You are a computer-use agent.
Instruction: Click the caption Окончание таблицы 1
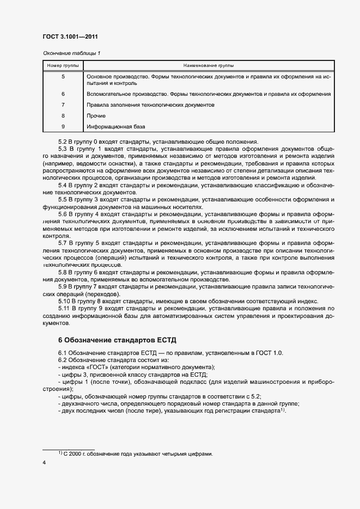[71, 53]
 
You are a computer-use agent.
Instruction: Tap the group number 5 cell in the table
[63, 77]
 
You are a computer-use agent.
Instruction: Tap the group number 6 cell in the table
[63, 94]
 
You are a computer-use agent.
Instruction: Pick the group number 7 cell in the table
[63, 105]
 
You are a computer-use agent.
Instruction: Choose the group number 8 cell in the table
[63, 116]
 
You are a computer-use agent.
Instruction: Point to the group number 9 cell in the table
[63, 127]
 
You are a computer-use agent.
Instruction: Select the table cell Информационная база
[115, 127]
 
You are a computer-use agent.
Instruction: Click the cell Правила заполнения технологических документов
[150, 105]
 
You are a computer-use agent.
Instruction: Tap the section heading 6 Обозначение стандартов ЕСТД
[117, 340]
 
